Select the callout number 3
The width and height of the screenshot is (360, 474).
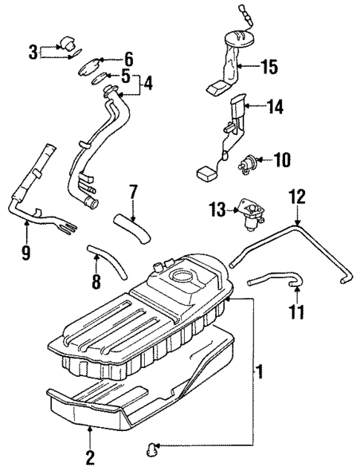point(33,51)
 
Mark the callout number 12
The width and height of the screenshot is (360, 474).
point(296,198)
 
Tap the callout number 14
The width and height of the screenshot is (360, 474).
point(275,108)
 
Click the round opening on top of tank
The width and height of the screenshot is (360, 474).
point(182,279)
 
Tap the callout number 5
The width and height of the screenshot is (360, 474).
point(125,76)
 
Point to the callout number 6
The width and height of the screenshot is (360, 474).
point(128,57)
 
